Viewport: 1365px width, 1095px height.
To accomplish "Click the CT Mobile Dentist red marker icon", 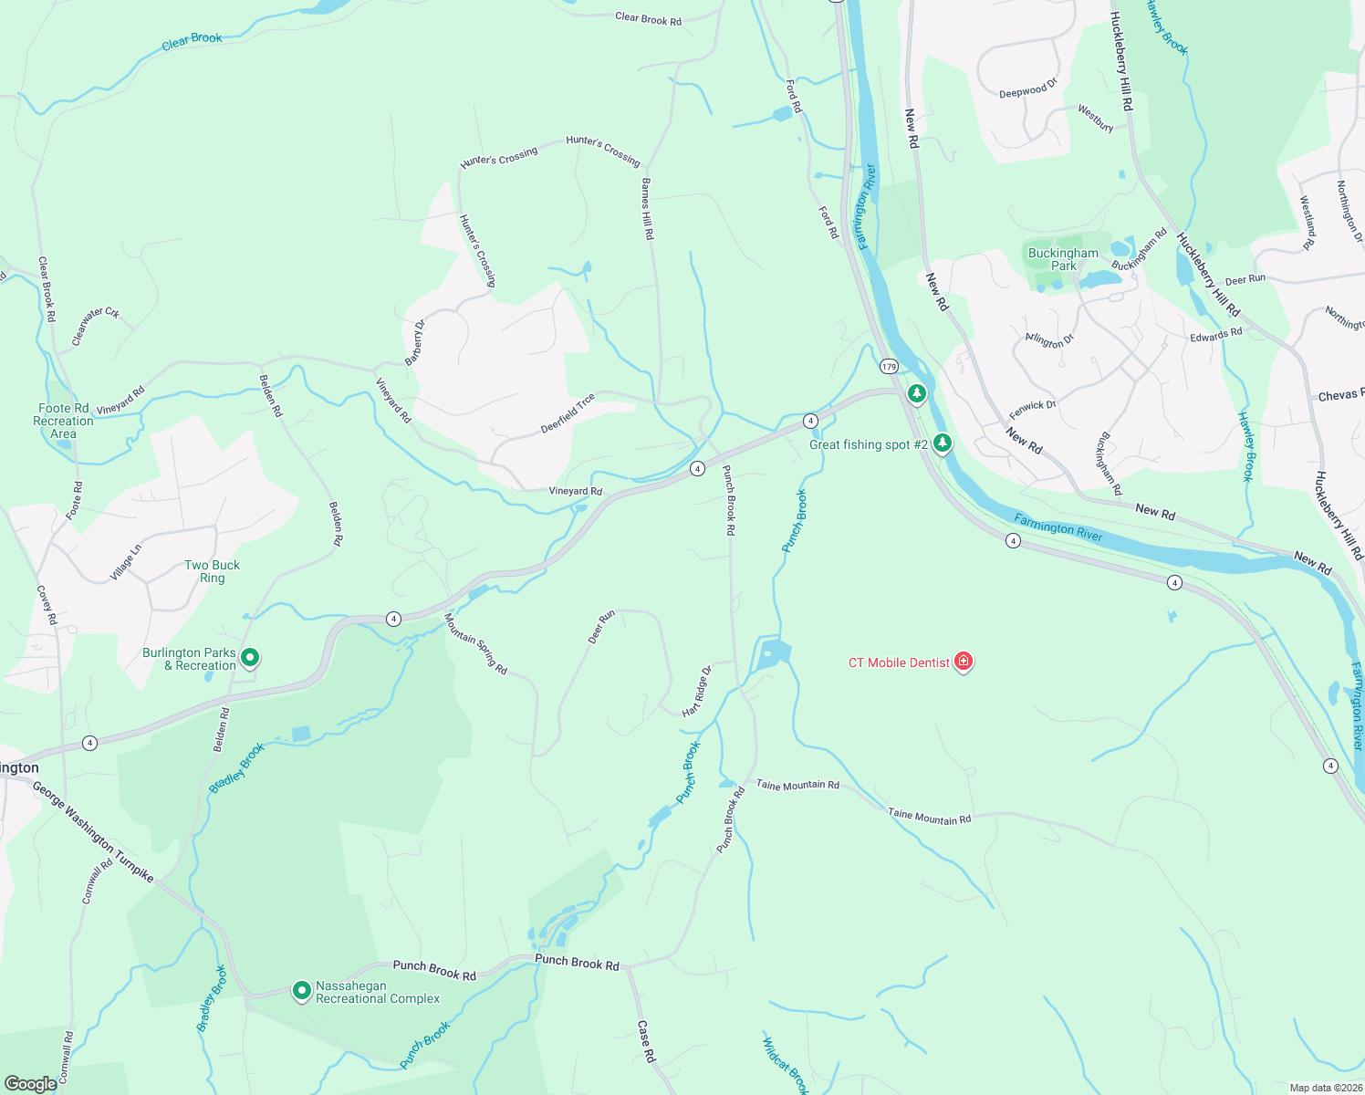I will (x=964, y=662).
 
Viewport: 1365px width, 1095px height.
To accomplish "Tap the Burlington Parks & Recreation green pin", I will (x=250, y=657).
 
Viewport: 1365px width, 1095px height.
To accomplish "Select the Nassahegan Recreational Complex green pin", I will (x=302, y=990).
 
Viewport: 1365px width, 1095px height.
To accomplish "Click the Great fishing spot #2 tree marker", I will (x=943, y=443).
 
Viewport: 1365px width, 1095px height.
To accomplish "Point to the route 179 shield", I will (x=889, y=367).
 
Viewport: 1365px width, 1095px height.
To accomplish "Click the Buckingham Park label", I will (x=1063, y=259).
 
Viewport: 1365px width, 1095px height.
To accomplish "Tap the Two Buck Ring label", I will (x=212, y=571).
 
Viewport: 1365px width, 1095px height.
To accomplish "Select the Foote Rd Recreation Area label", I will (x=63, y=421).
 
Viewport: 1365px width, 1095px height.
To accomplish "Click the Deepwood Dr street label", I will (x=1027, y=90).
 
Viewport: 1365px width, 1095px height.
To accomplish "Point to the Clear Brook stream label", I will (x=192, y=41).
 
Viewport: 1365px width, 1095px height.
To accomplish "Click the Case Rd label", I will (x=646, y=1041).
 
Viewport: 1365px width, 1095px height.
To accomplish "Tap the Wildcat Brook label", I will (x=785, y=1064).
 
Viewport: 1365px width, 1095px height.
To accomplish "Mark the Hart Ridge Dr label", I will (x=696, y=692).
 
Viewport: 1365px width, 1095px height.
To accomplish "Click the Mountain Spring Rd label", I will (x=475, y=643).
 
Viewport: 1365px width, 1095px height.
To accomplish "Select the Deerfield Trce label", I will (x=568, y=413).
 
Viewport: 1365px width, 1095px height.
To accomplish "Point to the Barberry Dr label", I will (x=415, y=342).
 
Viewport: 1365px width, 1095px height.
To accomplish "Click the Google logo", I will (x=30, y=1084).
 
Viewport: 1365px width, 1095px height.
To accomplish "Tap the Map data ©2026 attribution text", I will (x=1325, y=1088).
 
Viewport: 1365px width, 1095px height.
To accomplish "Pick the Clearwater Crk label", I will (x=96, y=326).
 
